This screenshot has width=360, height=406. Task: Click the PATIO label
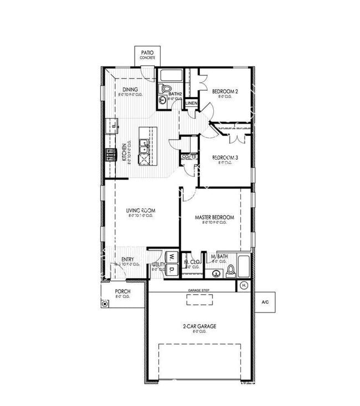click(x=147, y=53)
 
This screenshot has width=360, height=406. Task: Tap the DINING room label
click(x=130, y=90)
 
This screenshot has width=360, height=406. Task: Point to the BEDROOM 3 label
click(x=225, y=157)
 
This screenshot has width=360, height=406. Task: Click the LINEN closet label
click(x=191, y=103)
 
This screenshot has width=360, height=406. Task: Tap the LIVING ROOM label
click(x=140, y=210)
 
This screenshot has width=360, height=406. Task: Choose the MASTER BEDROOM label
click(x=214, y=218)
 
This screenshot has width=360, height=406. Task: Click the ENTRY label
click(x=128, y=259)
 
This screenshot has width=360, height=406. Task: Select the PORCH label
click(x=122, y=291)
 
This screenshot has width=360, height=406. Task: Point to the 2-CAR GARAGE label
click(x=199, y=327)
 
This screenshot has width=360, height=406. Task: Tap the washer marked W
click(x=172, y=257)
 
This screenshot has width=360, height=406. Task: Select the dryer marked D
click(x=172, y=269)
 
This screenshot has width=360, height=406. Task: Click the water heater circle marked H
click(x=244, y=286)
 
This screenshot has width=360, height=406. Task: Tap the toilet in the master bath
click(x=231, y=271)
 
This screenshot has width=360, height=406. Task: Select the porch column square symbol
click(x=105, y=304)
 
